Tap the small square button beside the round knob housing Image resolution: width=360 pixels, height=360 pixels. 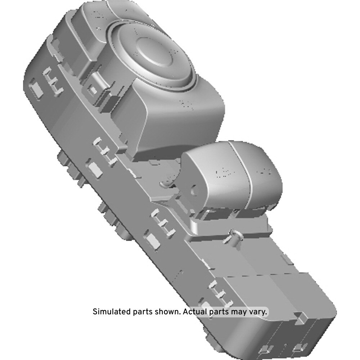click(93, 90)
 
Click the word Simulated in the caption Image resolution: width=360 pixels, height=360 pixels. click(112, 312)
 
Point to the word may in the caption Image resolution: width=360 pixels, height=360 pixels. click(239, 312)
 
